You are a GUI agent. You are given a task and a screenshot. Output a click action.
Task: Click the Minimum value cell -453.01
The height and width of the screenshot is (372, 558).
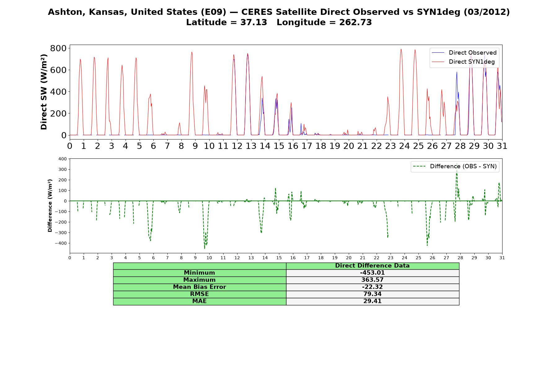tap(372, 273)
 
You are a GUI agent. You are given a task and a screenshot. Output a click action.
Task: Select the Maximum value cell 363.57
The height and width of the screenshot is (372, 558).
tap(372, 280)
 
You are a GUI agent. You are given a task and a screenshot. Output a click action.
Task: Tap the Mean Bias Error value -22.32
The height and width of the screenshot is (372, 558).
tap(372, 287)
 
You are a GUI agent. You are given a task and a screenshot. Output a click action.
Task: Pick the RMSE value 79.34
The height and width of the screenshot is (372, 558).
tap(372, 294)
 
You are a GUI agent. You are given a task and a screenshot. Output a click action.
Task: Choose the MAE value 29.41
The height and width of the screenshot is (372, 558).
tap(372, 301)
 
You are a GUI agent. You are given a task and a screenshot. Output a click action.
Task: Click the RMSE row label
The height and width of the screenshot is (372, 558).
tap(199, 294)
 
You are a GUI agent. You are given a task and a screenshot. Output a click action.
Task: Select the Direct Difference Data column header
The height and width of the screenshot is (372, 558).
tap(372, 266)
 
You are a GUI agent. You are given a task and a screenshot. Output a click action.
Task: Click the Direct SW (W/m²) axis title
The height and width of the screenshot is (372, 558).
tap(44, 92)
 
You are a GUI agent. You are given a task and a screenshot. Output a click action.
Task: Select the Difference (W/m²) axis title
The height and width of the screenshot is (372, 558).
tap(50, 206)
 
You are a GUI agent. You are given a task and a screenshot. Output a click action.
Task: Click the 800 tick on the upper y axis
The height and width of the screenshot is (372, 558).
tap(58, 48)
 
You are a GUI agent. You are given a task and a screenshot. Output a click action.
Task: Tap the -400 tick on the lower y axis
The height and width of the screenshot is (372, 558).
tap(61, 243)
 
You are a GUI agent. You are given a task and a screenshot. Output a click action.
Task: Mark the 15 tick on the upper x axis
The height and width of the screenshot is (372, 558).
tap(279, 146)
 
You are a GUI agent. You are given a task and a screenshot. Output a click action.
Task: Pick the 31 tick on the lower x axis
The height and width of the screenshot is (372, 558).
tap(502, 258)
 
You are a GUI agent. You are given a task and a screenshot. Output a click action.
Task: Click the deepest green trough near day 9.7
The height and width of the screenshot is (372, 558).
tap(205, 249)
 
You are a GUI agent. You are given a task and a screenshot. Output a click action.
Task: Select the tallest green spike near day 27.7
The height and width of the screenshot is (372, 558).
tap(457, 163)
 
